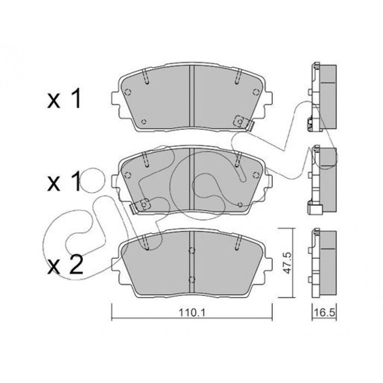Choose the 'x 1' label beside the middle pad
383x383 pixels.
pos(64,181)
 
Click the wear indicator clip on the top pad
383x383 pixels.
pos(244,123)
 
